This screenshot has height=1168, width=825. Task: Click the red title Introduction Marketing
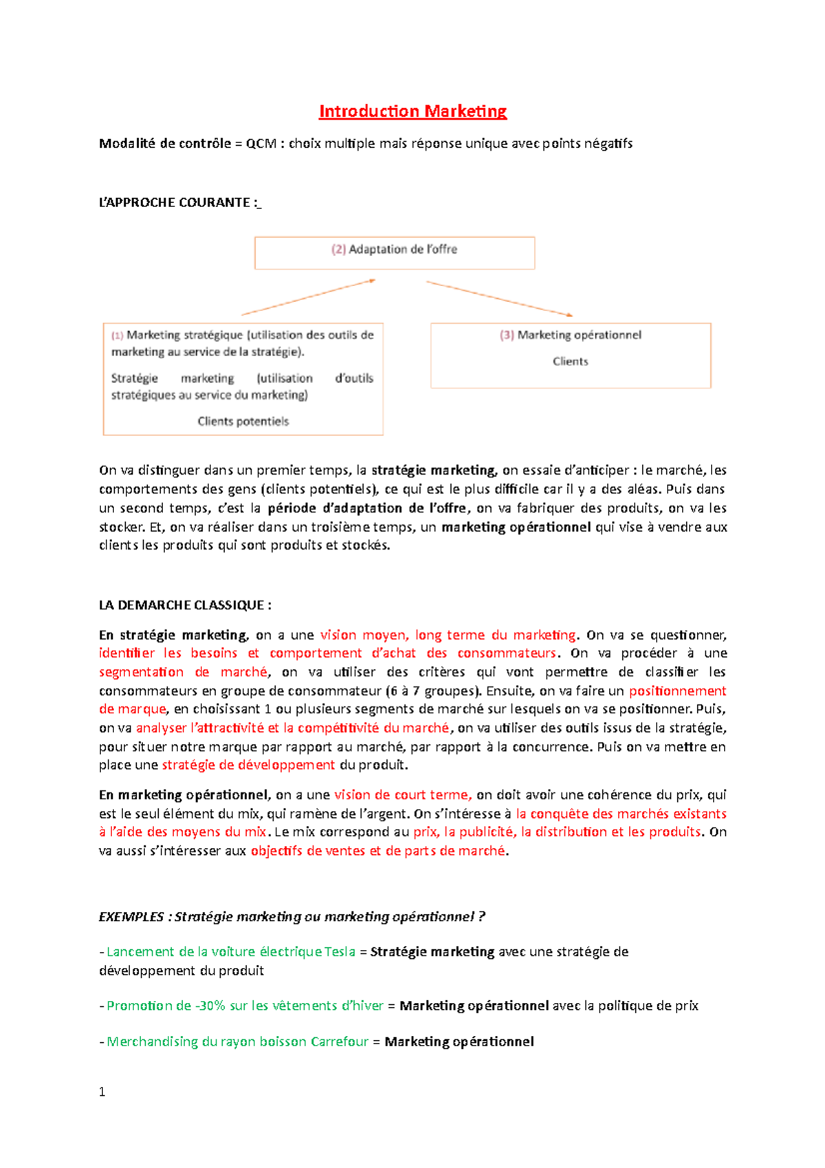(412, 111)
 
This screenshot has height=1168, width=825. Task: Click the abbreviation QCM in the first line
(261, 144)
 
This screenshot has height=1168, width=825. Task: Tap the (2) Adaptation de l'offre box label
(395, 250)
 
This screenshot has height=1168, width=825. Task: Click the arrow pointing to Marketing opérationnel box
(500, 299)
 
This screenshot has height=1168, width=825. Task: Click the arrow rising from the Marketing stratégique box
(309, 297)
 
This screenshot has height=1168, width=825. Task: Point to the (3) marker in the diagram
(507, 335)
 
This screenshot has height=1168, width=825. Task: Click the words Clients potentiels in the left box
(243, 421)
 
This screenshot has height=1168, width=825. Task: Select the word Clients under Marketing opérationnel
(570, 361)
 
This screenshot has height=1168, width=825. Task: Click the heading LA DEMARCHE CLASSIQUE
(184, 605)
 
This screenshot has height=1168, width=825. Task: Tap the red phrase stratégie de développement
(248, 765)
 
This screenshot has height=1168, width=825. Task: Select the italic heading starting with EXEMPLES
(291, 917)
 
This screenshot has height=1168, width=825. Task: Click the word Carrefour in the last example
(340, 1041)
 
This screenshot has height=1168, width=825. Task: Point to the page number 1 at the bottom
(102, 1092)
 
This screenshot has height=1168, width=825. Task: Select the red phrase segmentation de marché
(183, 672)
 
